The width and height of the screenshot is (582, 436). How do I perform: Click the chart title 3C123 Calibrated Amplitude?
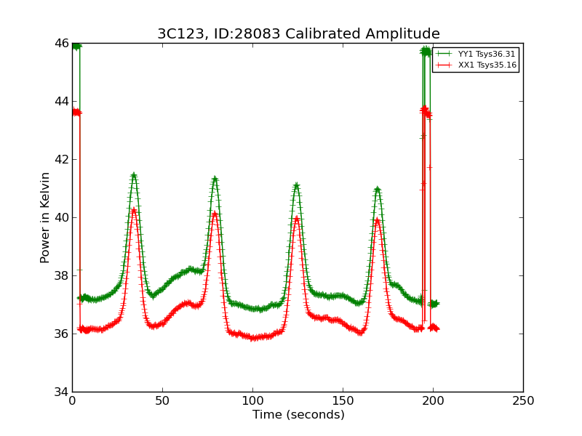(298, 34)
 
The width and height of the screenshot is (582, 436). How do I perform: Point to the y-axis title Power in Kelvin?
(45, 217)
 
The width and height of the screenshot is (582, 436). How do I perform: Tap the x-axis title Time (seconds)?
(298, 415)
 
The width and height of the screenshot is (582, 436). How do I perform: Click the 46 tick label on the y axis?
(60, 44)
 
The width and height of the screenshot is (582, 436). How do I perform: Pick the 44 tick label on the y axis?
(60, 102)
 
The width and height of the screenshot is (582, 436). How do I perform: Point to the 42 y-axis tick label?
(60, 160)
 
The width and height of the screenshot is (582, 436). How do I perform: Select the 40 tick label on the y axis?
(60, 218)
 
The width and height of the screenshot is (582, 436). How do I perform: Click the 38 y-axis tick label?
(60, 276)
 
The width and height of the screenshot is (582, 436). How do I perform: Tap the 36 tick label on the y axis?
(60, 334)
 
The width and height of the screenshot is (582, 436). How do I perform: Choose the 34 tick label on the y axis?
(60, 392)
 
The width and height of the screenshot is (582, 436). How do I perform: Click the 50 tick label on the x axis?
(162, 400)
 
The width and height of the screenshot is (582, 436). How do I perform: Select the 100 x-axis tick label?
(252, 400)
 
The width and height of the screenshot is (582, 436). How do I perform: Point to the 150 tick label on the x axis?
(343, 400)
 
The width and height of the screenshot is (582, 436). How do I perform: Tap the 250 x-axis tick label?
(523, 400)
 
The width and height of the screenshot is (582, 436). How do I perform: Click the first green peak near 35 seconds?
(134, 175)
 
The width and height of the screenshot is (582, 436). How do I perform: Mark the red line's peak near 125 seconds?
(297, 218)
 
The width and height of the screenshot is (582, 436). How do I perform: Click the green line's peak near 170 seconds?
(378, 189)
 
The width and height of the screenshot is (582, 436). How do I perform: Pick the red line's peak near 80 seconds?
(215, 214)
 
